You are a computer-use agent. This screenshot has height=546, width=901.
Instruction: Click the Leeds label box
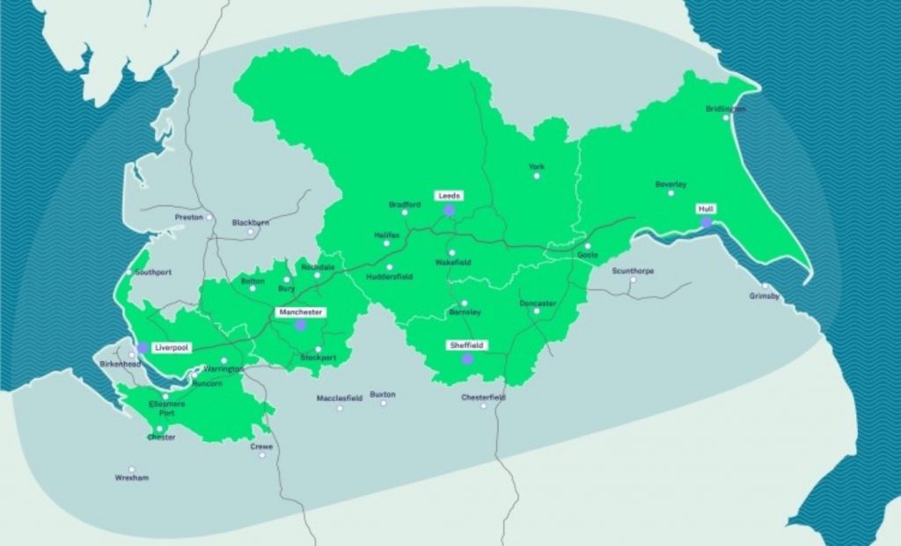(448, 195)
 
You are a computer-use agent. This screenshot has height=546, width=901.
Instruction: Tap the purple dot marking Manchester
(300, 325)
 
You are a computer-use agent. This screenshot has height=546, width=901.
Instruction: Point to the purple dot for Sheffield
(467, 359)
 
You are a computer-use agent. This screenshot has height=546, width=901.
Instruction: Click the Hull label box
(706, 209)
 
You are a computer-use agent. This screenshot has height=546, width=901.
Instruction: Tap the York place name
(536, 165)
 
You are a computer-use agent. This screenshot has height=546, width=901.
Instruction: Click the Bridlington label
(726, 109)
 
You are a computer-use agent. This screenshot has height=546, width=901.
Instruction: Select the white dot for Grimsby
(765, 286)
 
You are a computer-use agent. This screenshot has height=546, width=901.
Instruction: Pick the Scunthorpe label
(633, 271)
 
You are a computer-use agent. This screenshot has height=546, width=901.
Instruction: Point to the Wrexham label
(132, 478)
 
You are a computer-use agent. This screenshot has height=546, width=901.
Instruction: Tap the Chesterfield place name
(484, 397)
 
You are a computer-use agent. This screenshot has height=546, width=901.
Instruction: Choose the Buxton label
(383, 395)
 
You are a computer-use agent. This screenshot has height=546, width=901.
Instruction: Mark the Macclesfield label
(340, 398)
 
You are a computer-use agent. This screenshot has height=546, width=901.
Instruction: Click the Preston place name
(188, 216)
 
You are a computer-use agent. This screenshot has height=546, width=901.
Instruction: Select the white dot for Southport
(129, 273)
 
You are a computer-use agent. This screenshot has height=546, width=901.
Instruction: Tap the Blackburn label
(251, 222)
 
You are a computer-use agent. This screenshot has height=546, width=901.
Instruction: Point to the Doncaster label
(538, 303)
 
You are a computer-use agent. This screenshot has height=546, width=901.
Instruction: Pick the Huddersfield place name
(390, 277)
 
